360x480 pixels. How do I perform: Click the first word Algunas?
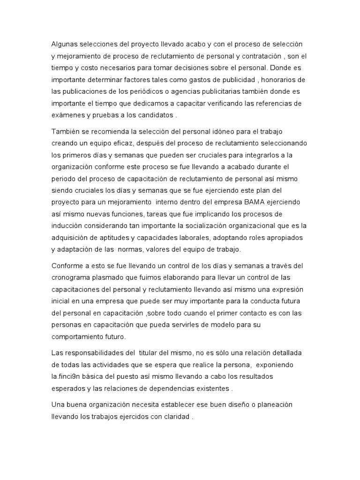(65, 44)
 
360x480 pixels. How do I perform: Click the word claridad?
(175, 416)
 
